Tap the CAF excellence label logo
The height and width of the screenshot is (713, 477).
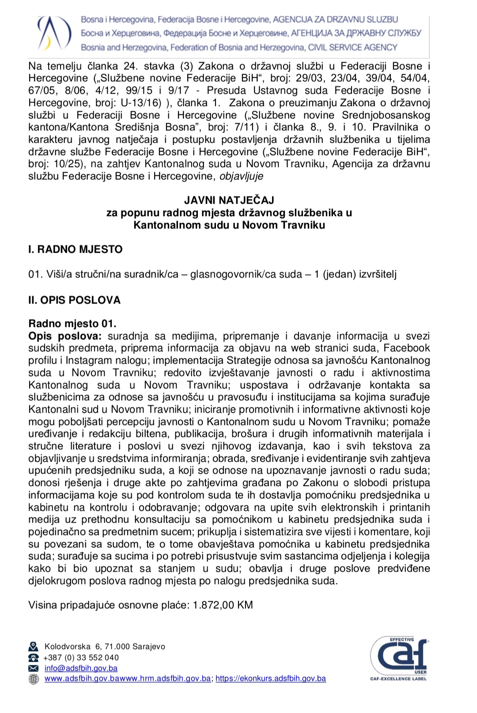coord(399,658)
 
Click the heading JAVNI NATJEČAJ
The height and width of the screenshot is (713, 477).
coord(229,200)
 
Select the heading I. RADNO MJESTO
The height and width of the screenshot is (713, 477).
coord(75,250)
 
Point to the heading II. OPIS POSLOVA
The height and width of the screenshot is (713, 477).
coord(74,300)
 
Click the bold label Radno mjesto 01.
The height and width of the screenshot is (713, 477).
coord(72,324)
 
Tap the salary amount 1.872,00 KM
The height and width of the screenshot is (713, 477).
coord(223,605)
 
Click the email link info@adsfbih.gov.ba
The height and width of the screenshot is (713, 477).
coord(81,668)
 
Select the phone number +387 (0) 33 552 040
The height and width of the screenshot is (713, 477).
coord(81,658)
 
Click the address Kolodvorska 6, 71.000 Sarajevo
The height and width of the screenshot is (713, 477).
coord(105,647)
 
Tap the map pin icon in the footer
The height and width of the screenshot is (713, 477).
coord(34,647)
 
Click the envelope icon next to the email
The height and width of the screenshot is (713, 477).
coord(34,668)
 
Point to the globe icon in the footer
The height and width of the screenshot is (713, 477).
coord(34,679)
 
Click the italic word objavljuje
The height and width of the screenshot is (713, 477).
coord(241,176)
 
